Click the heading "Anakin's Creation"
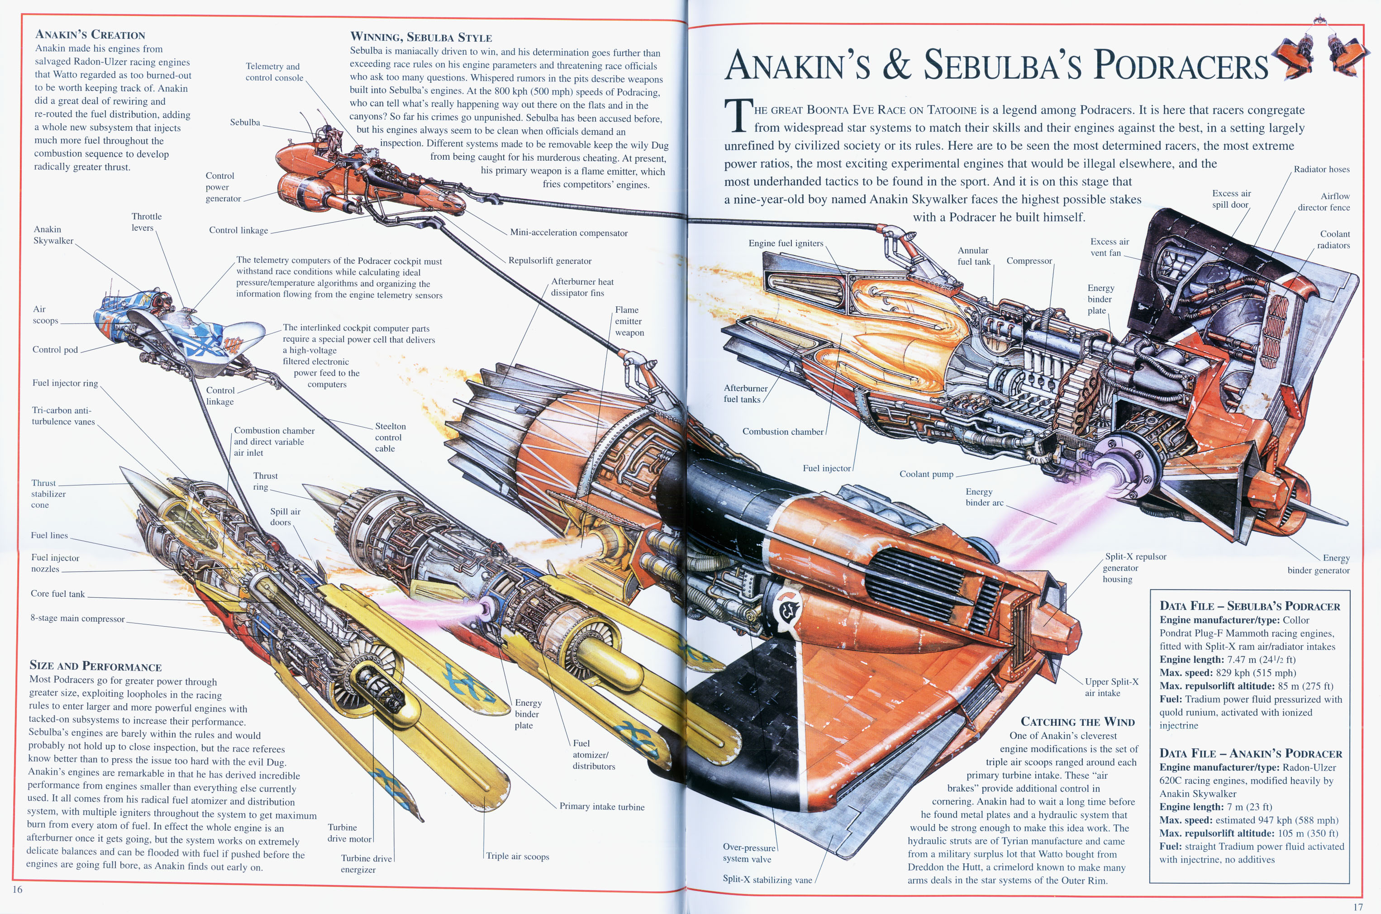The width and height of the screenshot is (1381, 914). (x=90, y=34)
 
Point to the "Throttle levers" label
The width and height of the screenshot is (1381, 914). (x=146, y=222)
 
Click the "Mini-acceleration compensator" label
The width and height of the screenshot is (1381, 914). (x=568, y=233)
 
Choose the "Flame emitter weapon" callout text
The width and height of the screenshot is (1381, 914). (x=629, y=321)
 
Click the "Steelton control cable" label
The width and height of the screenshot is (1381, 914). (x=390, y=437)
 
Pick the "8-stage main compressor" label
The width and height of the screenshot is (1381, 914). (x=77, y=619)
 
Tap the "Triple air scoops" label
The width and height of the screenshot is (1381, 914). (x=518, y=856)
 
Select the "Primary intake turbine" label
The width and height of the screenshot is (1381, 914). (x=602, y=807)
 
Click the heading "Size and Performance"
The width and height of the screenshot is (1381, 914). (x=95, y=666)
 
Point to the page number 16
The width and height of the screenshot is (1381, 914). (x=18, y=889)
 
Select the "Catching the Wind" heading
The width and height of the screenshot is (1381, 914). (x=1078, y=722)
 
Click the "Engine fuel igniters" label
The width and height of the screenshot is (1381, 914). (x=786, y=243)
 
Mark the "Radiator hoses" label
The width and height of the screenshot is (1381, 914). (x=1322, y=169)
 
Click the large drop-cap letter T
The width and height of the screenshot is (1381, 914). (x=738, y=115)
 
